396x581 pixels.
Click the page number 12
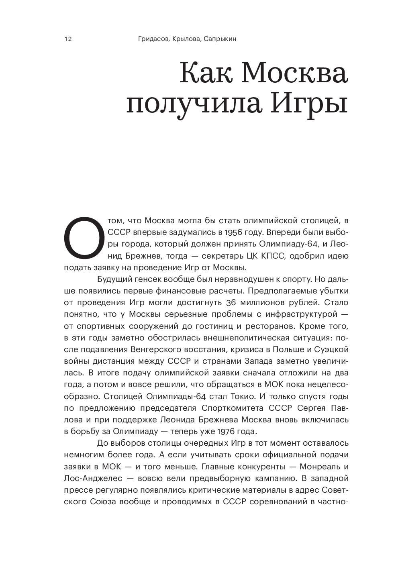(x=68, y=39)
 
